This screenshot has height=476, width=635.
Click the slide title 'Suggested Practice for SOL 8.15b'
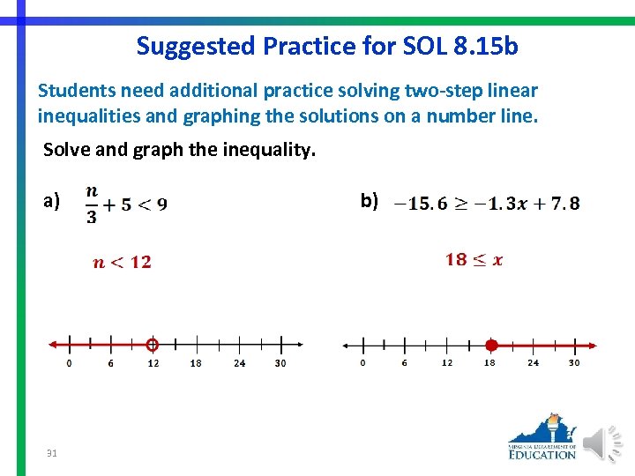tap(327, 46)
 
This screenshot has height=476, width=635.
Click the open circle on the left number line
tap(153, 345)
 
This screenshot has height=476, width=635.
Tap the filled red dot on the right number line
tap(492, 345)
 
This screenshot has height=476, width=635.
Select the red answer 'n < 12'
tap(123, 262)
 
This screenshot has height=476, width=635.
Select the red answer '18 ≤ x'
tap(474, 259)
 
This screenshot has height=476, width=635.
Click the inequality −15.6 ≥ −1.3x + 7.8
tap(487, 204)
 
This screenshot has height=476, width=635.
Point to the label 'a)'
tap(52, 201)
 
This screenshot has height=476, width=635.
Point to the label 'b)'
tap(370, 201)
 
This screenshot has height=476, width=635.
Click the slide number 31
tap(52, 453)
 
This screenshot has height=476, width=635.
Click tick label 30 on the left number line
tap(280, 363)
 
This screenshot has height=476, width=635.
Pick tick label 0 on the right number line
tap(363, 363)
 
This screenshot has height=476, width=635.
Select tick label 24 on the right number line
tap(533, 363)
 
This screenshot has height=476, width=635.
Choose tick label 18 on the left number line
tap(196, 363)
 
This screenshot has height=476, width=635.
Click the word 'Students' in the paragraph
tap(72, 91)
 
